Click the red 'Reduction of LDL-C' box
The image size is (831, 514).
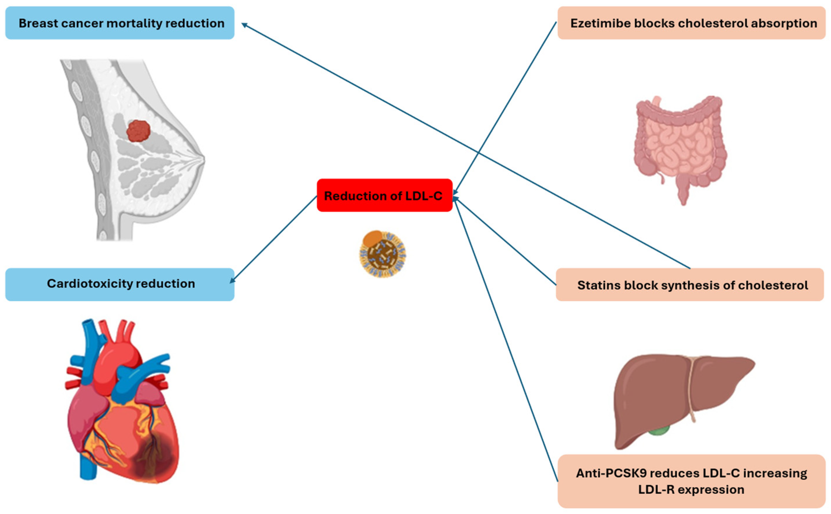pyautogui.click(x=384, y=195)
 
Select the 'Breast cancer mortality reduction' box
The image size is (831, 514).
pyautogui.click(x=120, y=23)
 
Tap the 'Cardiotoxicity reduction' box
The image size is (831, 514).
pyautogui.click(x=120, y=284)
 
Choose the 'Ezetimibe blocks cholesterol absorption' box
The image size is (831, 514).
pyautogui.click(x=691, y=23)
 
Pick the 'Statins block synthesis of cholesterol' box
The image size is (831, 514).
pyautogui.click(x=690, y=285)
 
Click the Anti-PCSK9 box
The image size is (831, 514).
pyautogui.click(x=691, y=481)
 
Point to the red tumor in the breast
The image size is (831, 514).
pyautogui.click(x=138, y=131)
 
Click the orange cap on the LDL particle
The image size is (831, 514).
pyautogui.click(x=372, y=238)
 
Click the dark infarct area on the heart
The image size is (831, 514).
pyautogui.click(x=155, y=455)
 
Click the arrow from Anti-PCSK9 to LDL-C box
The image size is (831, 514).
pyautogui.click(x=507, y=340)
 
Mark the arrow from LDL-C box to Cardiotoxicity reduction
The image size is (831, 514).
pyautogui.click(x=274, y=240)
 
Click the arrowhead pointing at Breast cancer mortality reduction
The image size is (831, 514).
pyautogui.click(x=243, y=24)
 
